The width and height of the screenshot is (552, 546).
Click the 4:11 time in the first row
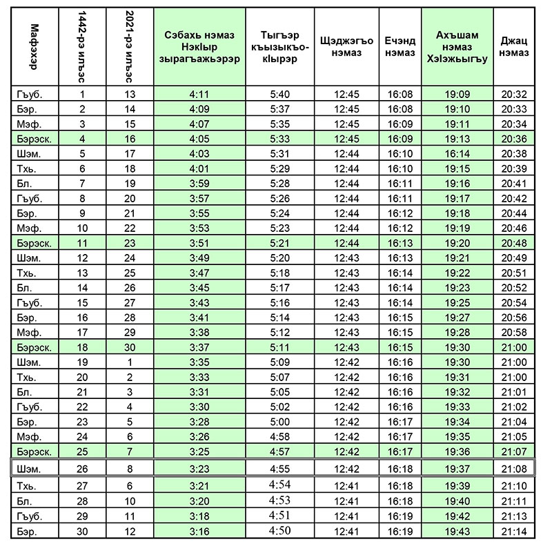pyautogui.click(x=200, y=95)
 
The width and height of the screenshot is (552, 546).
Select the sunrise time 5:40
pyautogui.click(x=280, y=95)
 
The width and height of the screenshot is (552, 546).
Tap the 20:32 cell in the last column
pyautogui.click(x=515, y=95)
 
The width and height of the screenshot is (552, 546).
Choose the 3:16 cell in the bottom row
pyautogui.click(x=200, y=532)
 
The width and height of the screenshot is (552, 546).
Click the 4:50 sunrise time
pyautogui.click(x=280, y=532)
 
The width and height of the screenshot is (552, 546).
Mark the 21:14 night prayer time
pyautogui.click(x=515, y=532)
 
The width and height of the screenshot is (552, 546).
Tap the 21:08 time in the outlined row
pyautogui.click(x=515, y=469)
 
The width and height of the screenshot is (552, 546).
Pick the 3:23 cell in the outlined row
pyautogui.click(x=200, y=469)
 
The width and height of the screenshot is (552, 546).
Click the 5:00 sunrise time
pyautogui.click(x=280, y=422)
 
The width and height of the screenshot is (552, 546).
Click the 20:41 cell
pyautogui.click(x=515, y=184)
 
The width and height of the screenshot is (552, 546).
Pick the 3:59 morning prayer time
pyautogui.click(x=200, y=184)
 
